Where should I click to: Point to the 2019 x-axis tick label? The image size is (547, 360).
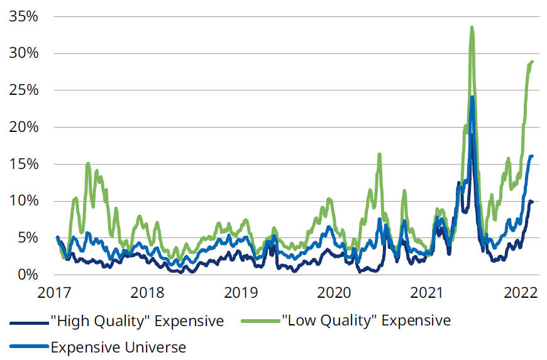coord(240,293)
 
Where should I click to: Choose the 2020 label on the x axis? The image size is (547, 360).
coord(334,293)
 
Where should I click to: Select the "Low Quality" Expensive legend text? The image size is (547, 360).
coord(367,320)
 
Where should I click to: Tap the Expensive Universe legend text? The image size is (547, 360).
coord(118,346)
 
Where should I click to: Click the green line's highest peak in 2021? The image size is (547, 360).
coord(472,27)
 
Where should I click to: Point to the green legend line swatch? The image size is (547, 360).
coord(261,321)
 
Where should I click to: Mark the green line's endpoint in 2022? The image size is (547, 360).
coord(532,62)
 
